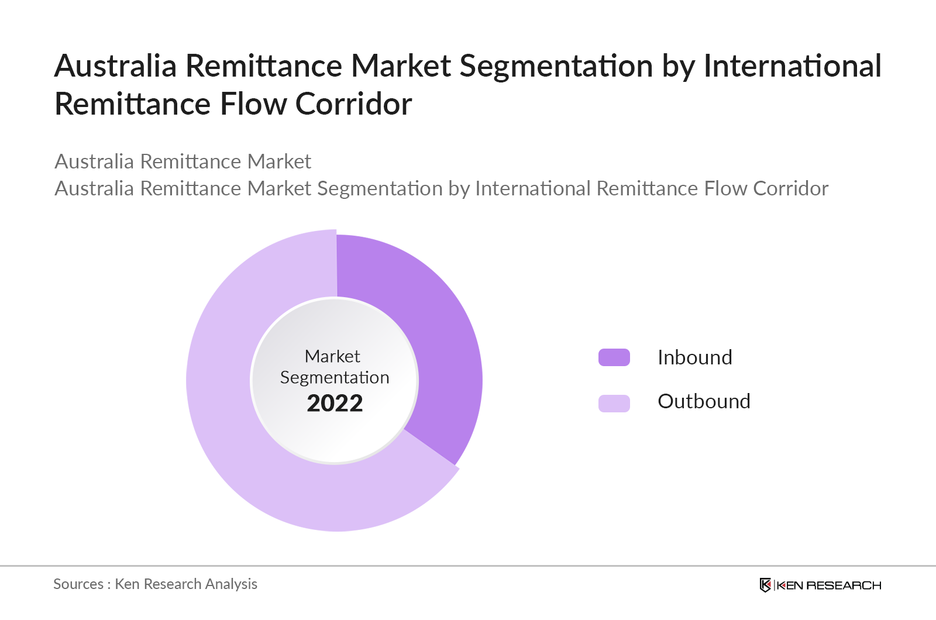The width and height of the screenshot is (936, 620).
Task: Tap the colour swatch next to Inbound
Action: [614, 357]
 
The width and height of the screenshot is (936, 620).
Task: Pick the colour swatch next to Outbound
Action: [614, 403]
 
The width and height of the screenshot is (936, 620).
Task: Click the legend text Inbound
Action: [694, 357]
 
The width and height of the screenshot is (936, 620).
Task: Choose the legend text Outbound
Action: [704, 401]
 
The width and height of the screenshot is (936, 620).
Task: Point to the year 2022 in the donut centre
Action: [335, 403]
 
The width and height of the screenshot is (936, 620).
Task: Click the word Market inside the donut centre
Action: [332, 356]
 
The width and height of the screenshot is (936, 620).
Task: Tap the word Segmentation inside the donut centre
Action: [335, 378]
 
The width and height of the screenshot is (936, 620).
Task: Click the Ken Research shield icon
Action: [765, 585]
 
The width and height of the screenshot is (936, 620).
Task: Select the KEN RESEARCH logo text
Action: [828, 585]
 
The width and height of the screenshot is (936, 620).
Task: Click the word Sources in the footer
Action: [78, 584]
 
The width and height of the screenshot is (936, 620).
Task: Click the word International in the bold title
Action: [792, 66]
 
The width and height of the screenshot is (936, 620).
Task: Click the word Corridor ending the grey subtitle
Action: [790, 188]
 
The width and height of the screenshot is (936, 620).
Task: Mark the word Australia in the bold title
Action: [115, 66]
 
